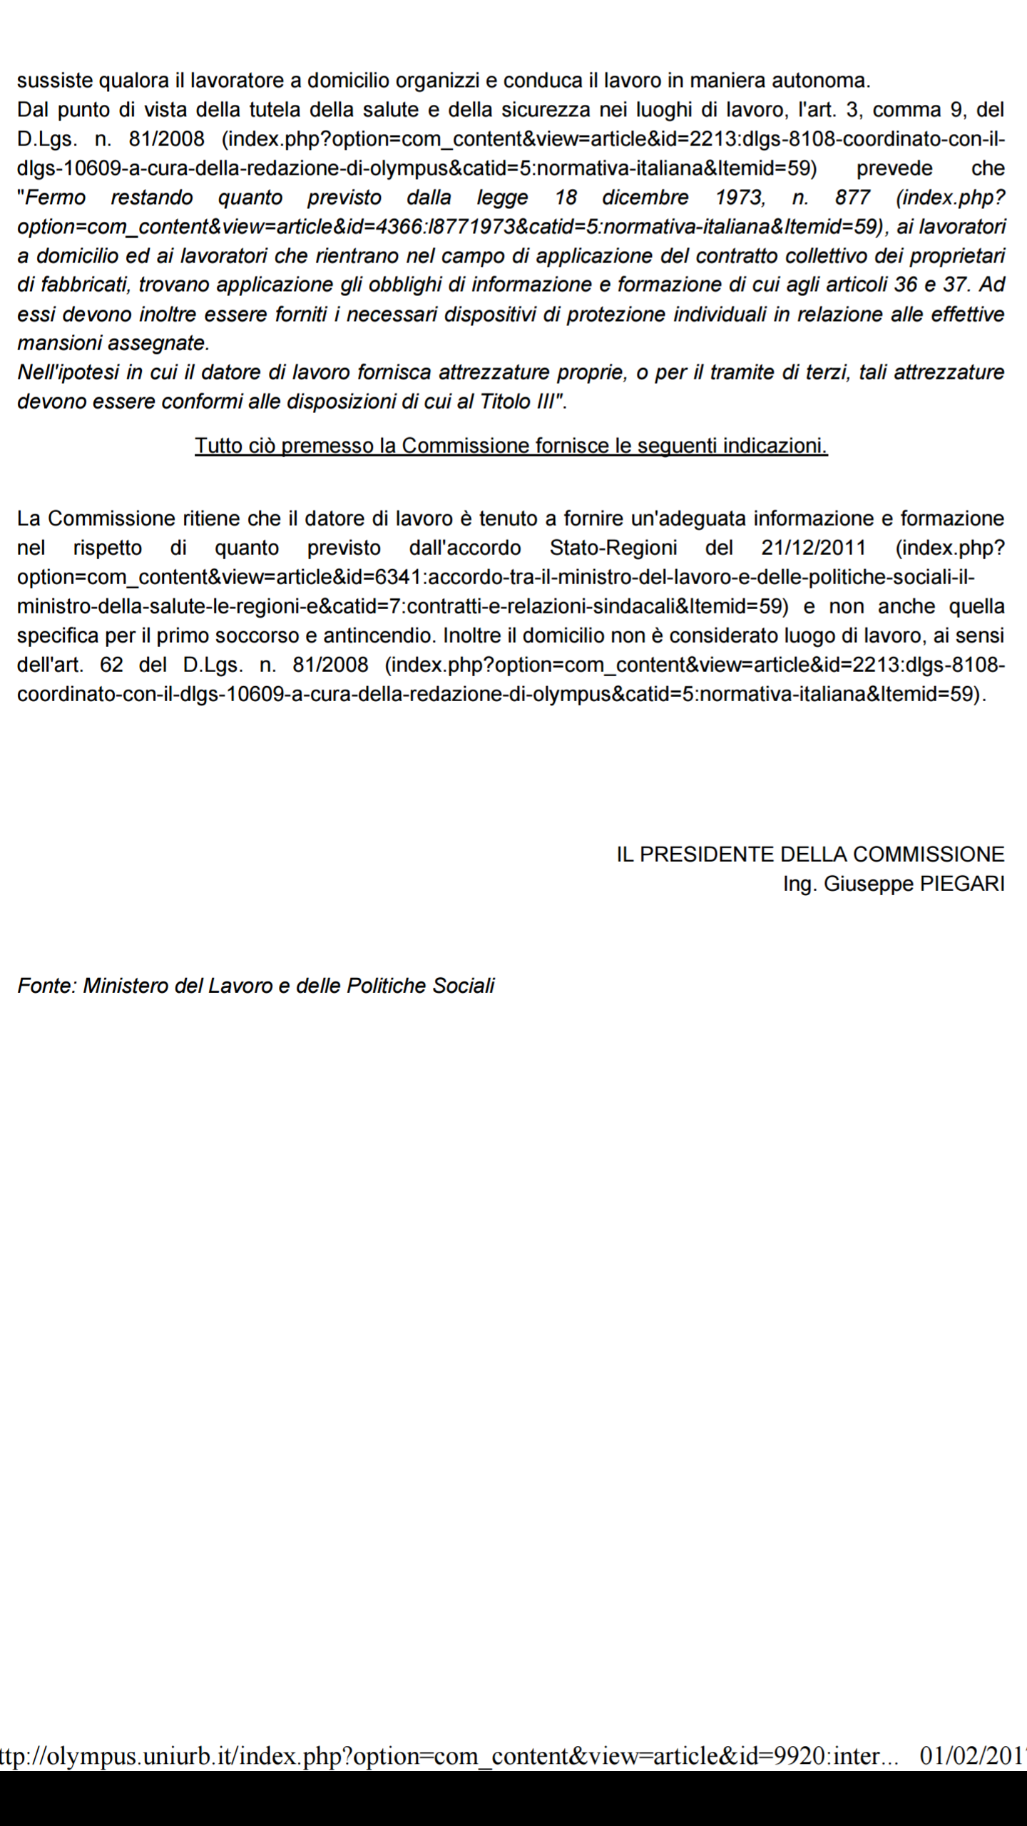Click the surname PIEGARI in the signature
[x=962, y=884]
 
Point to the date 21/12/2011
[x=813, y=548]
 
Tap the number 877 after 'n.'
[x=852, y=198]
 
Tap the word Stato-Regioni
[x=613, y=548]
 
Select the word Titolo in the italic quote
[x=505, y=402]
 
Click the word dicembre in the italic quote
[x=645, y=198]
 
